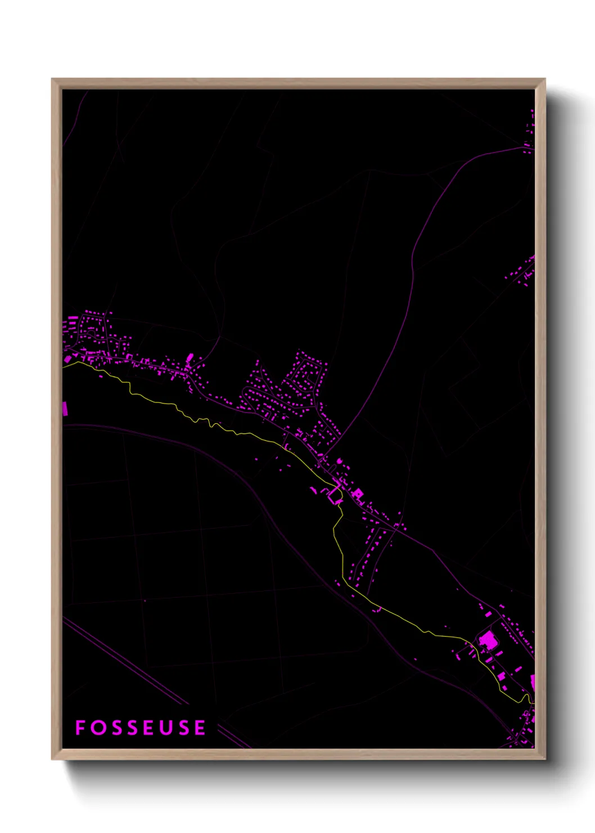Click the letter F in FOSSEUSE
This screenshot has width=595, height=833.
point(80,728)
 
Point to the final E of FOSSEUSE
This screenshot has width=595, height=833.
point(200,728)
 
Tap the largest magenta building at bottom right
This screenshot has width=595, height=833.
point(488,641)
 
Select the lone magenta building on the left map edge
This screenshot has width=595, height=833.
point(65,409)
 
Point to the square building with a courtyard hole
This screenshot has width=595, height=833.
point(358,494)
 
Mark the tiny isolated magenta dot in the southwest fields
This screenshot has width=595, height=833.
point(145,601)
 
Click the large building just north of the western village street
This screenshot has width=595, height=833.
point(190,357)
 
